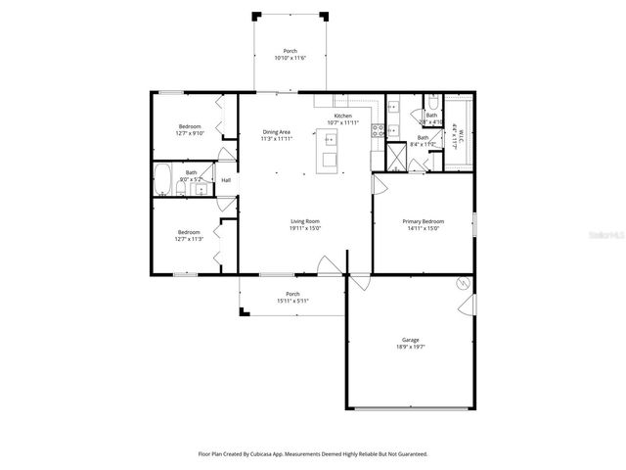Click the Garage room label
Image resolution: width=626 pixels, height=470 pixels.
tap(410, 340)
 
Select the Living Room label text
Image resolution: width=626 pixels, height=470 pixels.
tap(305, 221)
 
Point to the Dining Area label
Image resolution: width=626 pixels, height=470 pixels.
tap(276, 131)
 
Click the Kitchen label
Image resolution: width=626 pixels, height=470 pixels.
tap(342, 116)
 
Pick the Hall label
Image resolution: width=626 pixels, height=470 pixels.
tap(226, 180)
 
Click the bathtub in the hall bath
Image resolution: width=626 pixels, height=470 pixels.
tap(164, 180)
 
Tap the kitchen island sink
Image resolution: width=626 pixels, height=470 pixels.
tap(330, 140)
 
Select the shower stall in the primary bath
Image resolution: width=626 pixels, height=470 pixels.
tap(396, 156)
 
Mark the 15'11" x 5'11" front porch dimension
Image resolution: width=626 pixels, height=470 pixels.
tap(291, 301)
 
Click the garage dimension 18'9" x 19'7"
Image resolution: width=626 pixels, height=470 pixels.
tap(410, 347)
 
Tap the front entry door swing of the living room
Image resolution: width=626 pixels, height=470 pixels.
tap(329, 262)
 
